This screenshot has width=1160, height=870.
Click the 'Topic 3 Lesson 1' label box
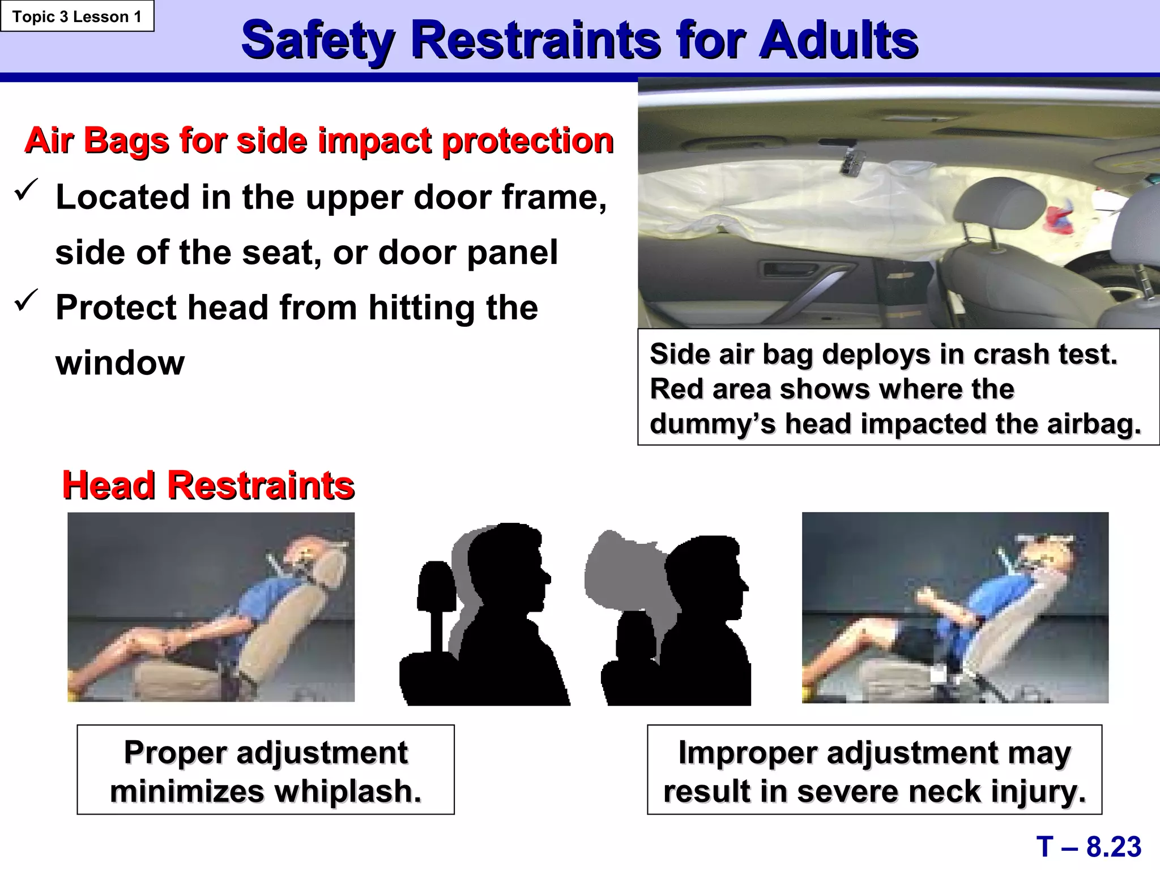77,16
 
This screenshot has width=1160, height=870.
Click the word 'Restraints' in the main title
535,40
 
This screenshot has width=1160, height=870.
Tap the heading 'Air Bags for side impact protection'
319,140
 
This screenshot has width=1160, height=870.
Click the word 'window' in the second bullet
120,362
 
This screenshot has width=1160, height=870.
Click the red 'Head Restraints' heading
208,485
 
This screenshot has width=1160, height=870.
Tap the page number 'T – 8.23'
1089,847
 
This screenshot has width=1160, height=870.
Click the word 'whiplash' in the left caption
344,791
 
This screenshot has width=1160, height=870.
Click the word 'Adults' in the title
838,40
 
